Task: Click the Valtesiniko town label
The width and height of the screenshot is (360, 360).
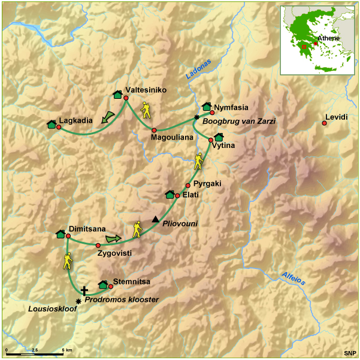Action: (146, 90)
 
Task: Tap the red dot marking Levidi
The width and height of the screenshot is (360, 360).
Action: (324, 123)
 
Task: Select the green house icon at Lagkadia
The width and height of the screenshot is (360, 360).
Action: (52, 124)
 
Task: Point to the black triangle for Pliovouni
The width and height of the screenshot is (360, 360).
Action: (156, 219)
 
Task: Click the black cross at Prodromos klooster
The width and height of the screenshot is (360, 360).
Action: (84, 289)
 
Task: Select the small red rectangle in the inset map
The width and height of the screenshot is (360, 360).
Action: (304, 46)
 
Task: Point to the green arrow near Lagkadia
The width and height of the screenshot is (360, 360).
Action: (108, 117)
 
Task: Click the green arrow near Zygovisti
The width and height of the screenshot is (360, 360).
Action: (113, 239)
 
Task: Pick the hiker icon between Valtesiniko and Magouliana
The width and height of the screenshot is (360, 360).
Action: (146, 110)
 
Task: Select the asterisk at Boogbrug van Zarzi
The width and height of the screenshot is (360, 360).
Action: (196, 117)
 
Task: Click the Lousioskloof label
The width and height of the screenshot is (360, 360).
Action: (49, 309)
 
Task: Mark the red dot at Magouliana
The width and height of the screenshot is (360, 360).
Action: (154, 130)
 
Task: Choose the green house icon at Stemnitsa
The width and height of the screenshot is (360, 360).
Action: (102, 285)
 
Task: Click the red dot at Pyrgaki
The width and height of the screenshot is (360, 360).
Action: (187, 185)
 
